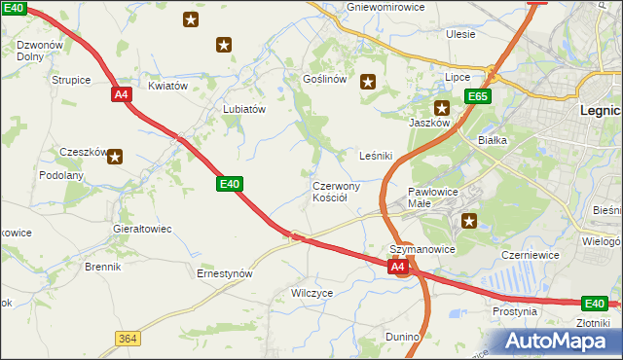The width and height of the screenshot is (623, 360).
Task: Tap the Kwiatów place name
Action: [x=166, y=86]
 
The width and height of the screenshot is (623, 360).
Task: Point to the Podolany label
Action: [x=61, y=175]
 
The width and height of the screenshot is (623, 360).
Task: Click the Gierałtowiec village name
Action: [x=142, y=229]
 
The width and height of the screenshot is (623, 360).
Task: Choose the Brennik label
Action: [x=102, y=267]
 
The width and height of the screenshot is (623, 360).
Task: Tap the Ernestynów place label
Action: [x=225, y=273]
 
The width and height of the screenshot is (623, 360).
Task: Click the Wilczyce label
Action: [x=312, y=292]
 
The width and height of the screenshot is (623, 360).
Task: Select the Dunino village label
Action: [x=401, y=337]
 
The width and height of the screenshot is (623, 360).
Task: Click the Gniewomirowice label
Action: [x=385, y=7]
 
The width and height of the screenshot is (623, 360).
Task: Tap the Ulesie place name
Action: [x=460, y=34]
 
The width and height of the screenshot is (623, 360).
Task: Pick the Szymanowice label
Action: [x=423, y=249]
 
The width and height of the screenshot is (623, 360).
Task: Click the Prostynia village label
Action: [x=515, y=311]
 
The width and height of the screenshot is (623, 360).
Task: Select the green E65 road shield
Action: [x=477, y=96]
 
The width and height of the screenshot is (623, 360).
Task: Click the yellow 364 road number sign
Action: [x=127, y=338]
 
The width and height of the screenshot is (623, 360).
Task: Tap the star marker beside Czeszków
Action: [x=115, y=156]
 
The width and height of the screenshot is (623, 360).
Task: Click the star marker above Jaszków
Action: [x=442, y=109]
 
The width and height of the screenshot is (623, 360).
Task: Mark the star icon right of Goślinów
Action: [x=368, y=82]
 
